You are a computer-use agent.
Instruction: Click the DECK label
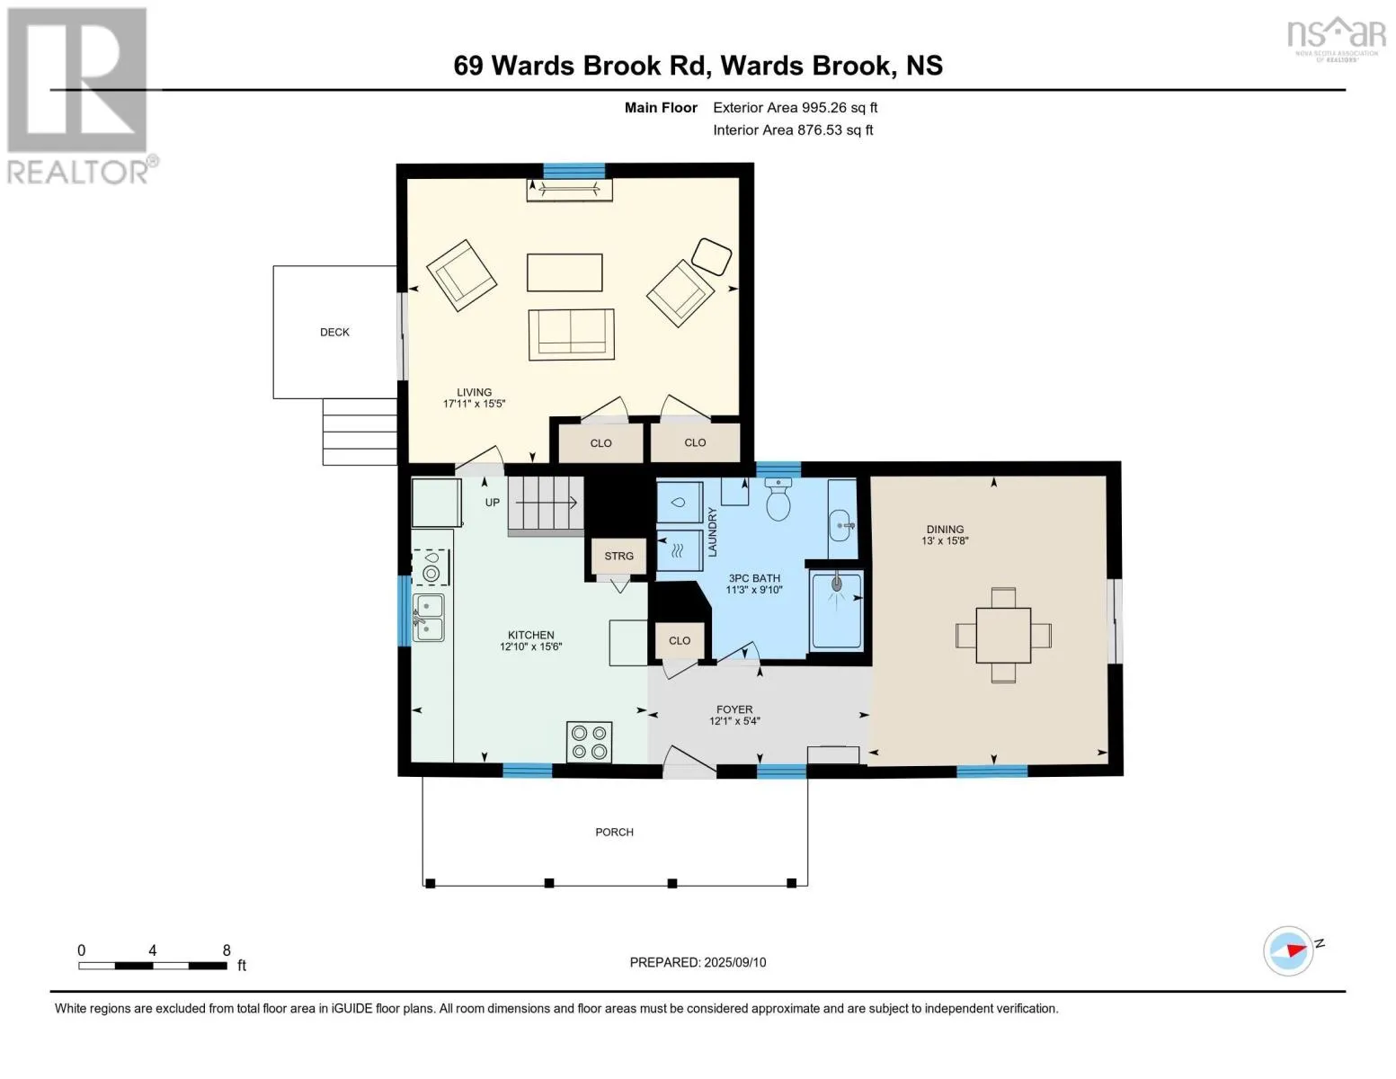click(334, 333)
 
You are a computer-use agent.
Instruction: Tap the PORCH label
click(614, 833)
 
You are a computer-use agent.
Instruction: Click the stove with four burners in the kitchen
click(589, 742)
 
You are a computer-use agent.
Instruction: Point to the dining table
click(1003, 635)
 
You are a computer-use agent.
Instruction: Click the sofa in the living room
click(571, 334)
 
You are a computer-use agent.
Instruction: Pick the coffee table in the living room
click(565, 272)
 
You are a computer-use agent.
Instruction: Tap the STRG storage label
click(618, 556)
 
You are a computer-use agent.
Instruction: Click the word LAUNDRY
click(712, 531)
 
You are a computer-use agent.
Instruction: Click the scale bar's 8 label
click(227, 950)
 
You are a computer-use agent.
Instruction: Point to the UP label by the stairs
click(492, 503)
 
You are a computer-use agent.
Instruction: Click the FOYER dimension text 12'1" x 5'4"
click(734, 721)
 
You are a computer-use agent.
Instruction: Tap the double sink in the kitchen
click(428, 618)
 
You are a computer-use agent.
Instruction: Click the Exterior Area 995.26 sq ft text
click(795, 108)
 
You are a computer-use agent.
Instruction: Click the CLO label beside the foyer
click(679, 641)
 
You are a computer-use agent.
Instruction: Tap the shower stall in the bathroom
click(837, 610)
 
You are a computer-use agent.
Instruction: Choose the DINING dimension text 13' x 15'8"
click(945, 541)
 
